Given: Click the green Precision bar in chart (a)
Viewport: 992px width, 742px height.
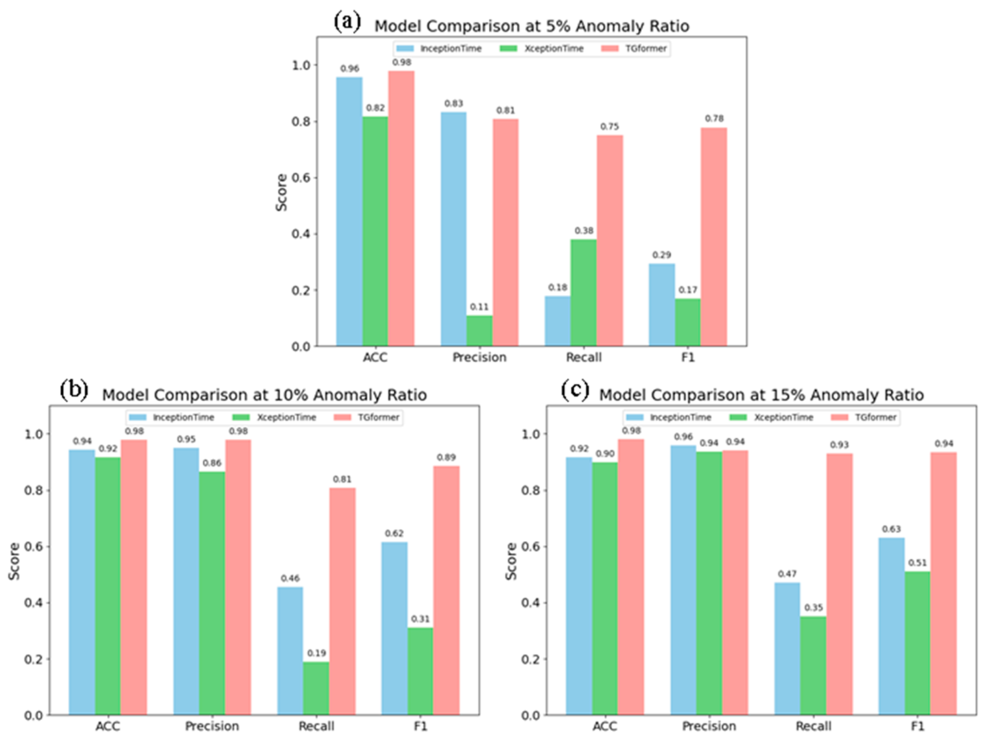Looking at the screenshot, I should click(479, 330).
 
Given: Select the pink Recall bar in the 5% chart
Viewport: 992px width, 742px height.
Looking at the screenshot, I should click(609, 240).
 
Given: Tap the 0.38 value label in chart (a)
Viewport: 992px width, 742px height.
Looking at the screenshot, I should click(584, 230).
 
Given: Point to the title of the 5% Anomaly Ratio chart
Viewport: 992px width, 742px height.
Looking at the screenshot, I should click(531, 26).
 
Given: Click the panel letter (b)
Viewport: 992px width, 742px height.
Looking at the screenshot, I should click(74, 390).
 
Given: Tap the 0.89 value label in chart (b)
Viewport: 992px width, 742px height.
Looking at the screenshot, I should click(446, 457).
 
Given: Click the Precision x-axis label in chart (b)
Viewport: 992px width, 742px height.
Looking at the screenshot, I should click(212, 726).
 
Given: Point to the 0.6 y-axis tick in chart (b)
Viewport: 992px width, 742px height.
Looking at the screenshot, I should click(33, 547).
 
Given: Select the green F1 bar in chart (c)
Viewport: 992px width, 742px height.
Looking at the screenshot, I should click(917, 643).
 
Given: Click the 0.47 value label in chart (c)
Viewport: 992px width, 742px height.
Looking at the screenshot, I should click(787, 574).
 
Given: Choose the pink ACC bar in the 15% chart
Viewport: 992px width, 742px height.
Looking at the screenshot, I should click(631, 576).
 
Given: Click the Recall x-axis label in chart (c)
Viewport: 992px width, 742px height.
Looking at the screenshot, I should click(814, 726).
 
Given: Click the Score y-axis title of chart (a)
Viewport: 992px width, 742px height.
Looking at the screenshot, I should click(281, 192).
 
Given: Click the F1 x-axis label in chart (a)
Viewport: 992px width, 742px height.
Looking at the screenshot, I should click(688, 357).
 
